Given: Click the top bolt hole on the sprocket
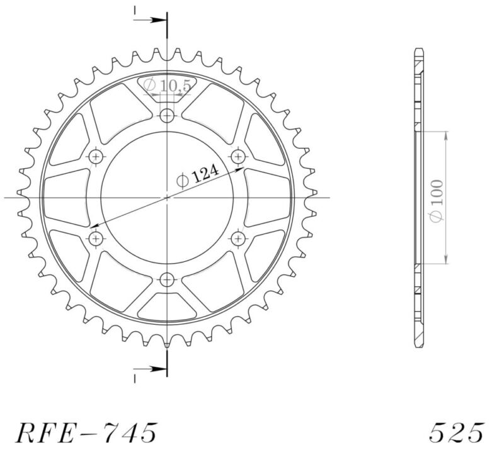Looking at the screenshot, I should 167,115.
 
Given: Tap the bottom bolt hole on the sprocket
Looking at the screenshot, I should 167,279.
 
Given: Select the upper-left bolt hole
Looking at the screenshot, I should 96,156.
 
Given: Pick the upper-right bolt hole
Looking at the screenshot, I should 238,156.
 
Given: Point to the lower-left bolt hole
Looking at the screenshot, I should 96,238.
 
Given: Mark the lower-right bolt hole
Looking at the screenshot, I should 238,238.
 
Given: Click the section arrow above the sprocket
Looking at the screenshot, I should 151,20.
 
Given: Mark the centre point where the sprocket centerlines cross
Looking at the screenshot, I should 167,198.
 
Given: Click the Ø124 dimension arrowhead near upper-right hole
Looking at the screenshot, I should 241,169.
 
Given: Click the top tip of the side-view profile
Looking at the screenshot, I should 419,49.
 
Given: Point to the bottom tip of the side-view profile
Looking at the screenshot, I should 419,347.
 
